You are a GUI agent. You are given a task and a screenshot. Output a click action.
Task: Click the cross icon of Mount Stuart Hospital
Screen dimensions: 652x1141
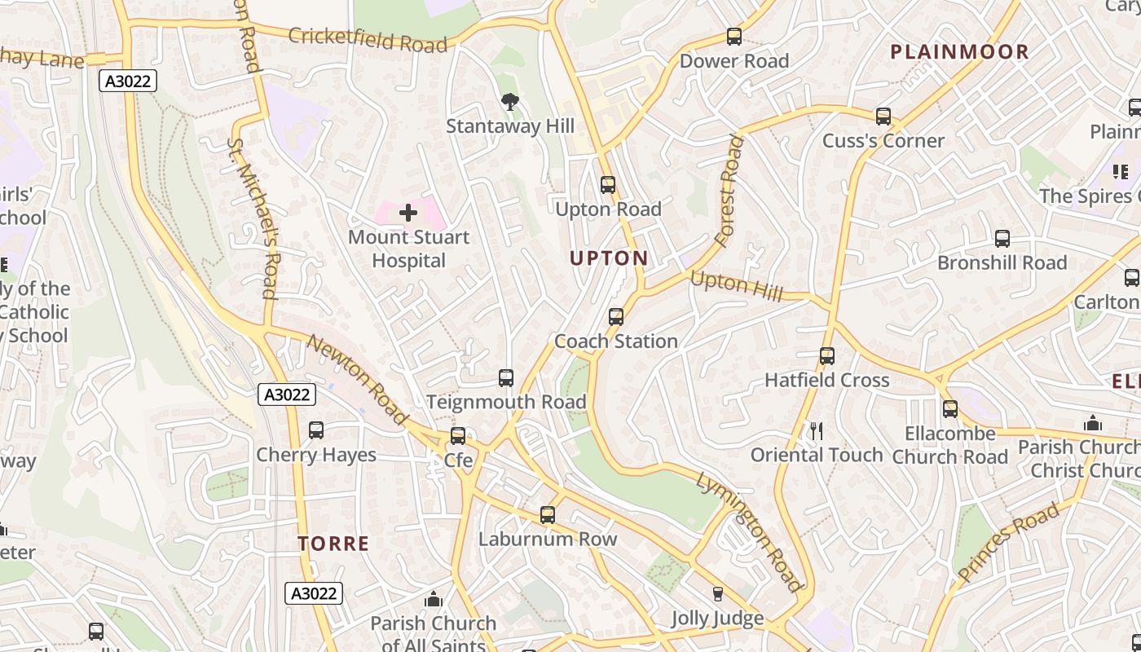coord(408,214)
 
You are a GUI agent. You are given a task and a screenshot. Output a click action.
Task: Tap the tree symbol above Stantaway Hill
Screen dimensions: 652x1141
coord(510,102)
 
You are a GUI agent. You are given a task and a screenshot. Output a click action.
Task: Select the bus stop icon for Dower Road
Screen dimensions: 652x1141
coord(734,37)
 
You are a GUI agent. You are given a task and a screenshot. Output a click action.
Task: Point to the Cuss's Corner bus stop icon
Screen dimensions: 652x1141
coord(883,117)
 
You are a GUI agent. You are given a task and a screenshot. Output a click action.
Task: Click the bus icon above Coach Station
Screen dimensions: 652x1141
coord(616,317)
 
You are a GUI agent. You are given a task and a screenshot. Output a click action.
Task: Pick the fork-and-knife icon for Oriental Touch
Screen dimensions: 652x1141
coord(817,431)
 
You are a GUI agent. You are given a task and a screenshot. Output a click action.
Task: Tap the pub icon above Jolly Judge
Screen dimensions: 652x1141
coord(717,594)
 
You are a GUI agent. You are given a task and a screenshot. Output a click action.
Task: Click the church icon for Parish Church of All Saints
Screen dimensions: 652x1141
coord(434,600)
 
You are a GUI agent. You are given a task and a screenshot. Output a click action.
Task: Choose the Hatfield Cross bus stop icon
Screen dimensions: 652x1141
coord(827,356)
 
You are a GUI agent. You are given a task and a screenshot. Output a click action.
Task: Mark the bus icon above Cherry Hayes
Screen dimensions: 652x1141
coord(316,430)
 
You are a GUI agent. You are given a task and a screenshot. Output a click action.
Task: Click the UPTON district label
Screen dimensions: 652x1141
coord(609,258)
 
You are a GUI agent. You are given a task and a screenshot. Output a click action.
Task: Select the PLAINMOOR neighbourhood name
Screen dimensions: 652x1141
coord(959,52)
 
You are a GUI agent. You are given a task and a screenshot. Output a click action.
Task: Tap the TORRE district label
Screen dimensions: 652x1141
coord(333,544)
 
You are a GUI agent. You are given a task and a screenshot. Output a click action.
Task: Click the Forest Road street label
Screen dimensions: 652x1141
coord(729,192)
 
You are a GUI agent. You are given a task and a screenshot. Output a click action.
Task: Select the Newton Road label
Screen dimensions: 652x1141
coord(356,379)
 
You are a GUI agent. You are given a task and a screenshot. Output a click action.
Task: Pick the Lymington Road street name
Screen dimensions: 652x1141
coord(749,531)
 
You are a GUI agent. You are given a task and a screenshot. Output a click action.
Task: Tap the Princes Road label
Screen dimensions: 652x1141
coord(1009,541)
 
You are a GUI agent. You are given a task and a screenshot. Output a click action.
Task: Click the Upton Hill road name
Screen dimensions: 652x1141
coord(736,285)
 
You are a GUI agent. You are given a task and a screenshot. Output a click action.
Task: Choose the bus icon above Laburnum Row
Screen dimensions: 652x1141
coord(548,515)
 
